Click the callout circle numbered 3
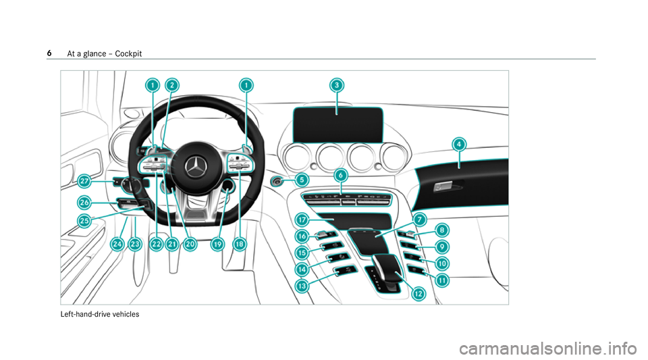337,85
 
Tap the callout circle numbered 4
459,145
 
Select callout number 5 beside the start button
302,180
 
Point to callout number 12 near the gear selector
418,294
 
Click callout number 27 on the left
84,181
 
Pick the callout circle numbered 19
217,245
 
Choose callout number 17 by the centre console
302,220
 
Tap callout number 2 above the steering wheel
172,85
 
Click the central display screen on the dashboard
338,124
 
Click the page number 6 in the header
49,53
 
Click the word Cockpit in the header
128,53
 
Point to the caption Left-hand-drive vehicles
100,314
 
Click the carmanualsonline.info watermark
547,349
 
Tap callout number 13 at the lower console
302,286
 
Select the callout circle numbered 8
441,230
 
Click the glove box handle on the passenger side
442,187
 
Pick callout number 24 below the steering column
117,245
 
